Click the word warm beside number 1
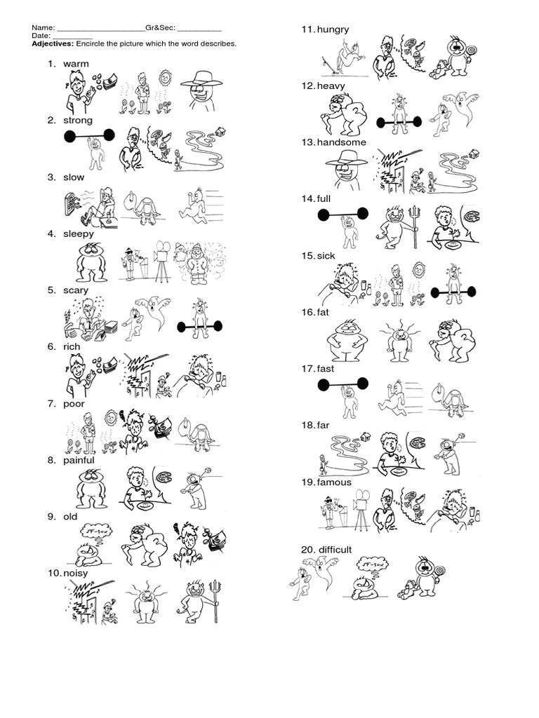pos(76,64)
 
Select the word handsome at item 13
pos(342,142)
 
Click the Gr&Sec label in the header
pos(161,28)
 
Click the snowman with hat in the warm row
pos(201,90)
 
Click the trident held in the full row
pos(416,226)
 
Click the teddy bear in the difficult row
pos(408,589)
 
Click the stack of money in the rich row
pos(109,365)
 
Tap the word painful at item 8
pos(79,460)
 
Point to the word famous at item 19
pos(334,482)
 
